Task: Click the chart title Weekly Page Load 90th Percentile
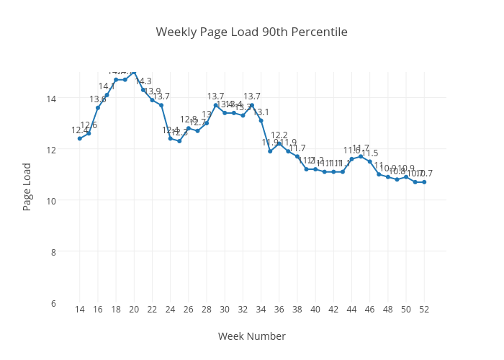point(251,32)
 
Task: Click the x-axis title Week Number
point(251,336)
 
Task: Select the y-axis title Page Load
point(27,186)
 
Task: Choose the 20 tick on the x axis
point(134,310)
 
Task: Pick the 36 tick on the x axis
point(279,310)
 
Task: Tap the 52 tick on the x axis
point(424,310)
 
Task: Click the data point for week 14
point(80,138)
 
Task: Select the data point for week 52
point(424,182)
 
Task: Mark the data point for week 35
point(270,151)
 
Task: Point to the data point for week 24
point(171,138)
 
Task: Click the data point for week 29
point(216,105)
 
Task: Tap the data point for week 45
point(361,156)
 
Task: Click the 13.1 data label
point(261,112)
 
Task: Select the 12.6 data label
point(89,125)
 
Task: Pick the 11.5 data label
point(369,153)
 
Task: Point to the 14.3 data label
point(143,81)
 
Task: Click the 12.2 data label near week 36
point(279,135)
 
